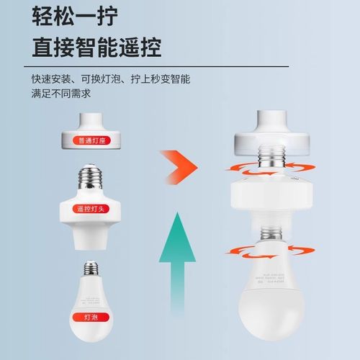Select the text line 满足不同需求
tap(60, 94)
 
